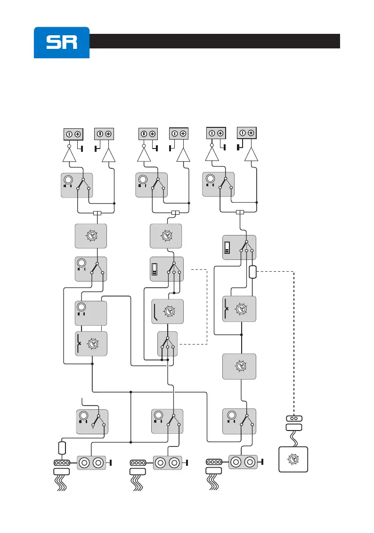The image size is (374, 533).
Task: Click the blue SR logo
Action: pos(61,42)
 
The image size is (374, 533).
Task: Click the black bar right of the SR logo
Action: pos(215,41)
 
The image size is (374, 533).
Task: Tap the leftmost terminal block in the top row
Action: pos(73,134)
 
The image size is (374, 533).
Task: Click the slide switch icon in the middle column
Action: pos(155,269)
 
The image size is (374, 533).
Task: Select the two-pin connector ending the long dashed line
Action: pos(294,418)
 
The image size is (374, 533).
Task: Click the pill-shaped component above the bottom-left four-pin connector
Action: pos(62,447)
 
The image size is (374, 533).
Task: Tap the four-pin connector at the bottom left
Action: pos(62,462)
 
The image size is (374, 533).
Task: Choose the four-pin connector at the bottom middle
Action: pos(138,462)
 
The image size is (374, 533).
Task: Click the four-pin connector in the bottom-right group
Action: pos(214,462)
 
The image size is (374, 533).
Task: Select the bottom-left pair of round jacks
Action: pos(91,462)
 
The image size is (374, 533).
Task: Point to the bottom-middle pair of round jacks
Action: pos(168,462)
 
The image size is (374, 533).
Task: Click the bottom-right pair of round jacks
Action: pos(244,462)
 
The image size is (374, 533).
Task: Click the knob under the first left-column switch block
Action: pos(91,236)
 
